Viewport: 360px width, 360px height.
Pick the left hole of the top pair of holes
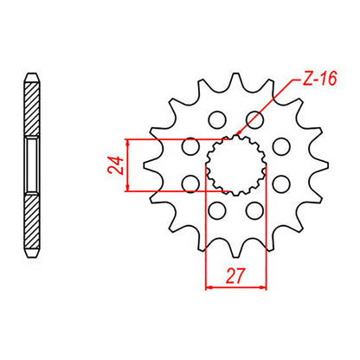tap(216, 119)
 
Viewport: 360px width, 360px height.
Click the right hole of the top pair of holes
tap(254, 119)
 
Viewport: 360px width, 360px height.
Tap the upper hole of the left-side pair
tap(188, 147)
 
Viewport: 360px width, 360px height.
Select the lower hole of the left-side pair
tap(188, 183)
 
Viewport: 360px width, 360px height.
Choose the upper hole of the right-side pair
tap(281, 147)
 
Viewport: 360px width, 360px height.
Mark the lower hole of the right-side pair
tap(281, 183)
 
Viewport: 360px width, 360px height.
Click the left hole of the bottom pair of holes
tap(216, 211)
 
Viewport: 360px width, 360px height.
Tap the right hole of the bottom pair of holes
tap(254, 211)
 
